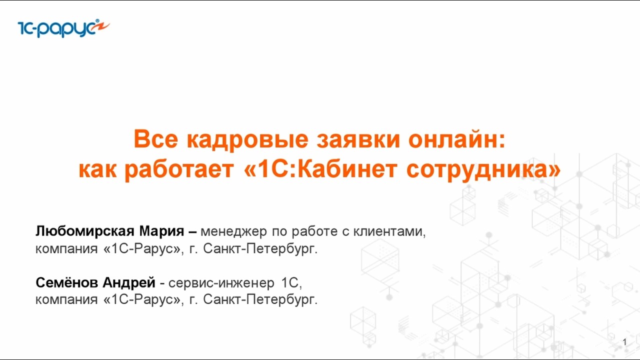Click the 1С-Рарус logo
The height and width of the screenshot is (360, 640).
pyautogui.click(x=63, y=28)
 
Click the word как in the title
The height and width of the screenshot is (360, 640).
pyautogui.click(x=98, y=169)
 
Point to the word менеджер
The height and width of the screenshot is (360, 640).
pyautogui.click(x=233, y=232)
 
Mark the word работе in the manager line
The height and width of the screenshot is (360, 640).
pyautogui.click(x=313, y=232)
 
